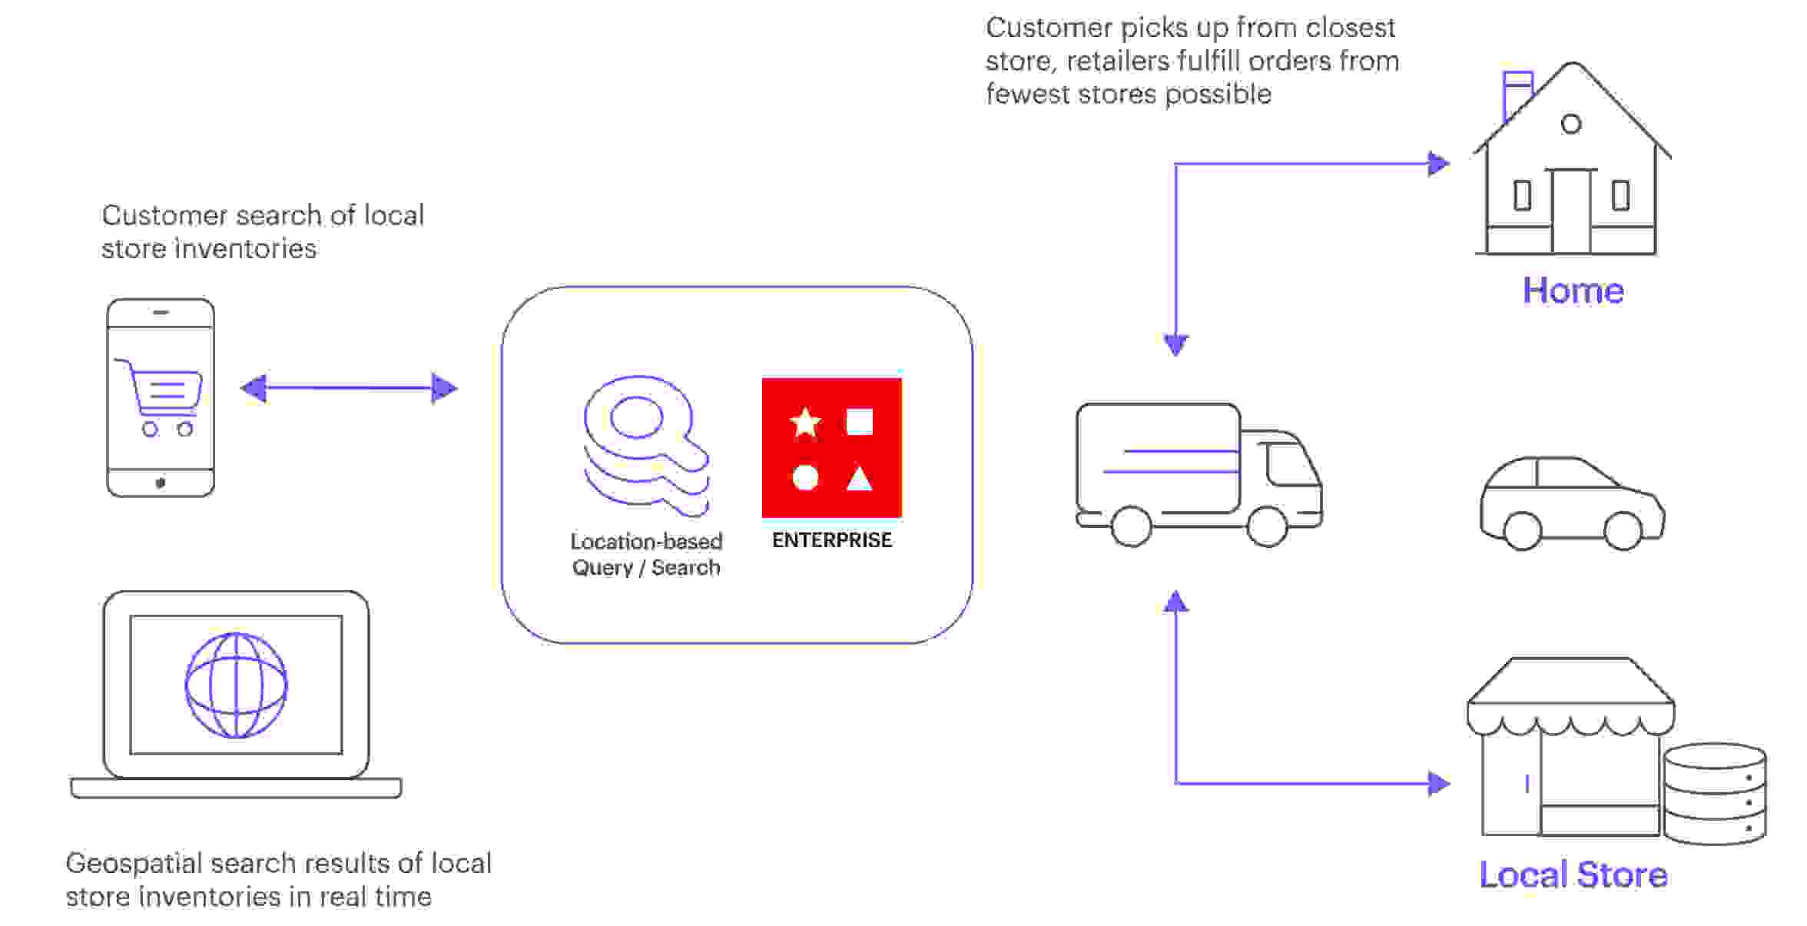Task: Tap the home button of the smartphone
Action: coord(161,483)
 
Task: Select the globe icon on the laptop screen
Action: coord(236,685)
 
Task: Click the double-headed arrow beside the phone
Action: coord(349,388)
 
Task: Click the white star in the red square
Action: coord(805,422)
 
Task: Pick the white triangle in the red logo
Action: coord(859,479)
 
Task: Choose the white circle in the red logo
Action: coord(805,477)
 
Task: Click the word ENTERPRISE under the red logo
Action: coord(832,540)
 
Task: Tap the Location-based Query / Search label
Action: coord(646,554)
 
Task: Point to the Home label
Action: coord(1573,290)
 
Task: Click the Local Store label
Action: coord(1573,875)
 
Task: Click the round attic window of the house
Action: coord(1571,124)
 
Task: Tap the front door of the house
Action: coord(1571,211)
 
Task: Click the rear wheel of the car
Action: coord(1522,529)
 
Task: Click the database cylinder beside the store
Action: coord(1714,794)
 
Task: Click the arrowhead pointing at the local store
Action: coord(1438,783)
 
